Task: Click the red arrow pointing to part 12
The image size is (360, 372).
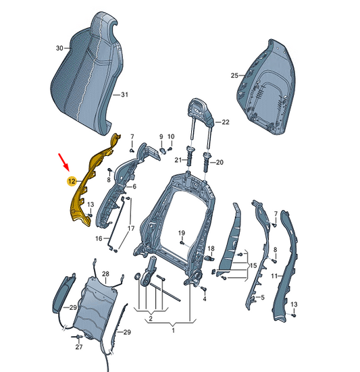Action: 63,162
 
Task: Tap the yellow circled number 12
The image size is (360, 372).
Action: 72,182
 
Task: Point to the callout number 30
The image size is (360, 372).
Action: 59,48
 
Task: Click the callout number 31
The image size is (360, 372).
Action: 124,95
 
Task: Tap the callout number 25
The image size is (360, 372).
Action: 234,76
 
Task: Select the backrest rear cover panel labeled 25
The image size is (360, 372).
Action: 267,88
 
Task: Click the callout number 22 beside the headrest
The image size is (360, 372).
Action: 226,122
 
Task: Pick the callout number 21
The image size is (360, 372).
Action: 178,160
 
